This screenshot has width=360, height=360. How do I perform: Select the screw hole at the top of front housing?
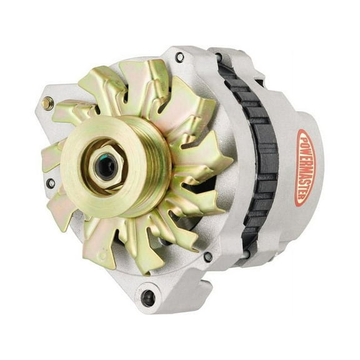click(179, 57)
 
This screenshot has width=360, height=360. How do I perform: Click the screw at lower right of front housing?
click(207, 257)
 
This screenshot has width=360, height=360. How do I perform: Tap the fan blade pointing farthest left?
click(51, 156)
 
